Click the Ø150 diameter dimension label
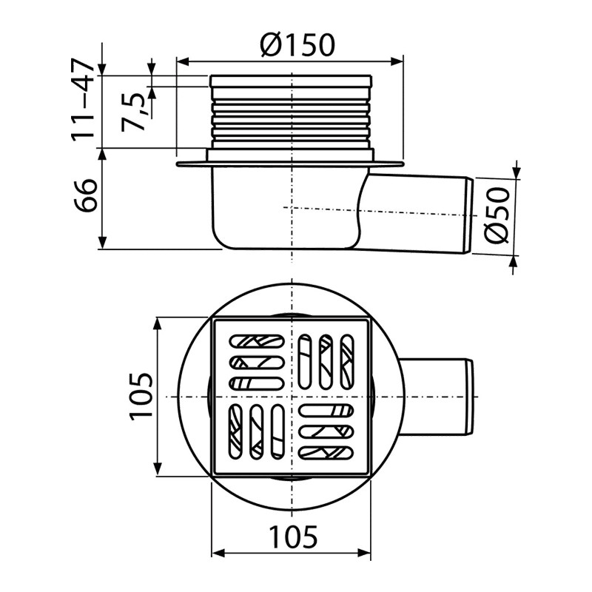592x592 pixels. [x=297, y=45]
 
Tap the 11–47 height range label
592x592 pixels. [x=83, y=99]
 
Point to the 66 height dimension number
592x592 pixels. [x=85, y=195]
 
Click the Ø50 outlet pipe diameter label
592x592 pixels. [x=497, y=215]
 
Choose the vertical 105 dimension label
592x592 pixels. [x=141, y=397]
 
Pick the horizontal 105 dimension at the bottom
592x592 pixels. [x=293, y=536]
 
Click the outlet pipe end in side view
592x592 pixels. [x=469, y=215]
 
